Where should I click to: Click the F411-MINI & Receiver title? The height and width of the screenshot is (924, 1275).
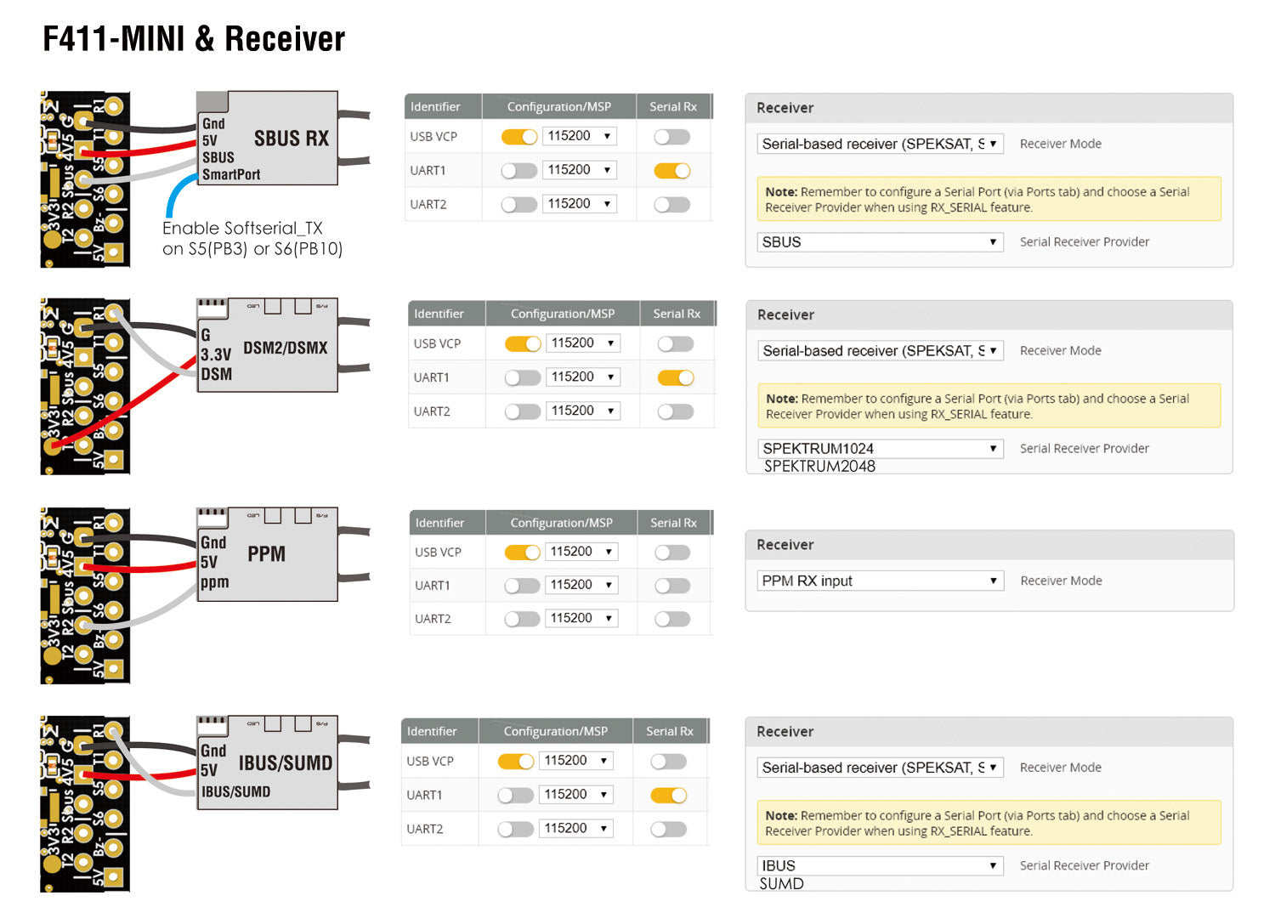194,39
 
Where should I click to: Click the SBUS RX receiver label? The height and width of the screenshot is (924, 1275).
291,139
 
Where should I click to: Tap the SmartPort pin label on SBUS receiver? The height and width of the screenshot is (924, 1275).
231,174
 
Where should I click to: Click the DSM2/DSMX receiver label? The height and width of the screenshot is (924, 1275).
285,348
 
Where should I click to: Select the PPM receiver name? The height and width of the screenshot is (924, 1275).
266,554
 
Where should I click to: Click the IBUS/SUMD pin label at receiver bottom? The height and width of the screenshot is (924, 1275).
235,791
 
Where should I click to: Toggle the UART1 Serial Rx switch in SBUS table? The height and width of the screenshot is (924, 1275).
671,171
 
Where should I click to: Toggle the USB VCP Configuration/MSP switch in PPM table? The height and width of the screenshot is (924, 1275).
522,553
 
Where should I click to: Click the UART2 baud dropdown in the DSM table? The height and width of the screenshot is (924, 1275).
582,411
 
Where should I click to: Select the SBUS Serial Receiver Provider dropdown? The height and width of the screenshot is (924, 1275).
880,242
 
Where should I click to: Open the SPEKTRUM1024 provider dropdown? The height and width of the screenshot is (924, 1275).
880,449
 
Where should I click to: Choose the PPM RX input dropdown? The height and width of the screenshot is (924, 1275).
880,581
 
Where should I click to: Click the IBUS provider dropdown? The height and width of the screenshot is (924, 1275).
880,866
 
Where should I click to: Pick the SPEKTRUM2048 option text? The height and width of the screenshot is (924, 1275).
819,467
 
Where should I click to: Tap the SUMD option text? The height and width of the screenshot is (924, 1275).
781,884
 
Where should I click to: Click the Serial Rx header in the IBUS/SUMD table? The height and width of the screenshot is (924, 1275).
669,731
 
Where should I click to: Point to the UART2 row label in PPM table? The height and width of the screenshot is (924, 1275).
433,619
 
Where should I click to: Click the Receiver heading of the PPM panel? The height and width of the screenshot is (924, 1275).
785,545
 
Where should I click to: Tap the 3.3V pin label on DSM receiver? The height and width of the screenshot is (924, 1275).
216,354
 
